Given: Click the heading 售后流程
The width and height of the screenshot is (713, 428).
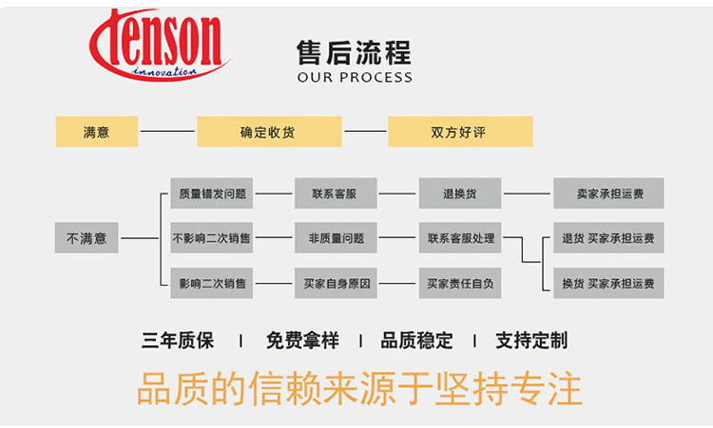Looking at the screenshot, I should tap(355, 52).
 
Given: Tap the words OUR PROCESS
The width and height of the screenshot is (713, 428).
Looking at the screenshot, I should tap(355, 77).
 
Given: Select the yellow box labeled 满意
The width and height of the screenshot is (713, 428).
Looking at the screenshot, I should tap(97, 132).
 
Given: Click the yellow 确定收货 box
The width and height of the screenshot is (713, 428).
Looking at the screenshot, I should tap(268, 132).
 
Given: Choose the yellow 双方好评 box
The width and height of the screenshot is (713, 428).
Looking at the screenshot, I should tap(459, 132).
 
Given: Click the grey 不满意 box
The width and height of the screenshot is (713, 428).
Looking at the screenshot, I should tap(87, 238).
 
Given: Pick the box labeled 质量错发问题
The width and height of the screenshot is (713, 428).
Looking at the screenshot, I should tap(212, 194).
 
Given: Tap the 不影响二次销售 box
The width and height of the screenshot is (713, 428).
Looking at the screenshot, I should tap(212, 238).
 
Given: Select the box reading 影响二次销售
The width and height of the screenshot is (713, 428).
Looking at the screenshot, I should tap(212, 283).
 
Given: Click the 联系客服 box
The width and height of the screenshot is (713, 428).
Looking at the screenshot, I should tap(336, 194).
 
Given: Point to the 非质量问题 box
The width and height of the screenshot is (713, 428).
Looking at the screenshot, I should tap(336, 238).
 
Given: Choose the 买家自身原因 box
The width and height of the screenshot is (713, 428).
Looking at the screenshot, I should tap(336, 283).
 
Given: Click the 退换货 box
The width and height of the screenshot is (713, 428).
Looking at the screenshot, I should tap(460, 194).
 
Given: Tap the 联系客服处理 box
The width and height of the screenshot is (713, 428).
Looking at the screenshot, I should tap(460, 238).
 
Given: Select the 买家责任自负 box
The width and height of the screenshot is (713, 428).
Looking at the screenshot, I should tap(460, 283).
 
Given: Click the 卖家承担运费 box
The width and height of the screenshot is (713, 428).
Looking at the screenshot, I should tap(608, 194).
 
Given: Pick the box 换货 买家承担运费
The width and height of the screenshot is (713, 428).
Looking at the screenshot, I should tap(608, 283).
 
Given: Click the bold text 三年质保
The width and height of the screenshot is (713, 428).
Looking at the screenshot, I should tap(178, 341).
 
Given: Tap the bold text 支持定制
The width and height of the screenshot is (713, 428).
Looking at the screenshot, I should tap(532, 341).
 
